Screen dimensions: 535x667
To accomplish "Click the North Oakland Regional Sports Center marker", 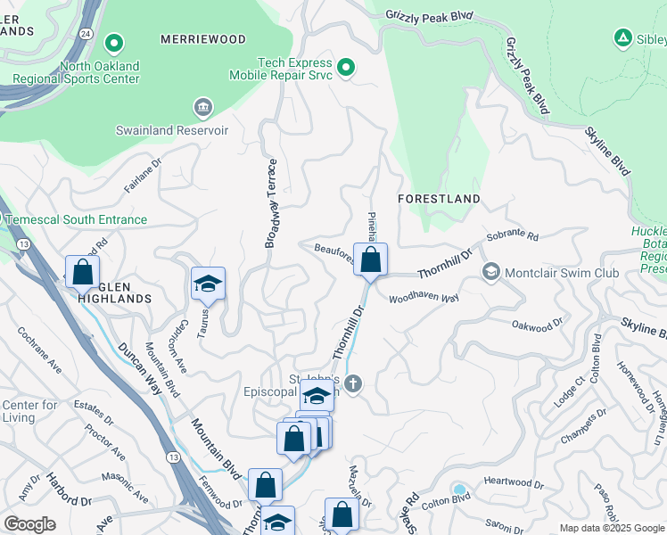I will tap(113, 43).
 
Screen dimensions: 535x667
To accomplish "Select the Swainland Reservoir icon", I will tap(202, 109).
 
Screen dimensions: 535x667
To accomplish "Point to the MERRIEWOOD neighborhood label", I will tap(203, 40).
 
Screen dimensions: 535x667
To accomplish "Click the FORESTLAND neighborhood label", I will tap(440, 199).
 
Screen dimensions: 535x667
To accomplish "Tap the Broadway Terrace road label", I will tap(272, 203).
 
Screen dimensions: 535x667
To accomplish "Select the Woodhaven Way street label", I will tap(424, 298).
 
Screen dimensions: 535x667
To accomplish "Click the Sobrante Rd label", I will tap(513, 238).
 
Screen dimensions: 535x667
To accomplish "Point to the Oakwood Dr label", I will tap(538, 327).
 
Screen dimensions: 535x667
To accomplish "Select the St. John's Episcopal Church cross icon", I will tap(353, 384).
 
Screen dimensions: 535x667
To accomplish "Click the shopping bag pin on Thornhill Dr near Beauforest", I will tap(371, 260).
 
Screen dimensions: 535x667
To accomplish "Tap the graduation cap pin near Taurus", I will tap(208, 284).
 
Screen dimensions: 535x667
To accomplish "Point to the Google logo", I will tap(29, 524).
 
